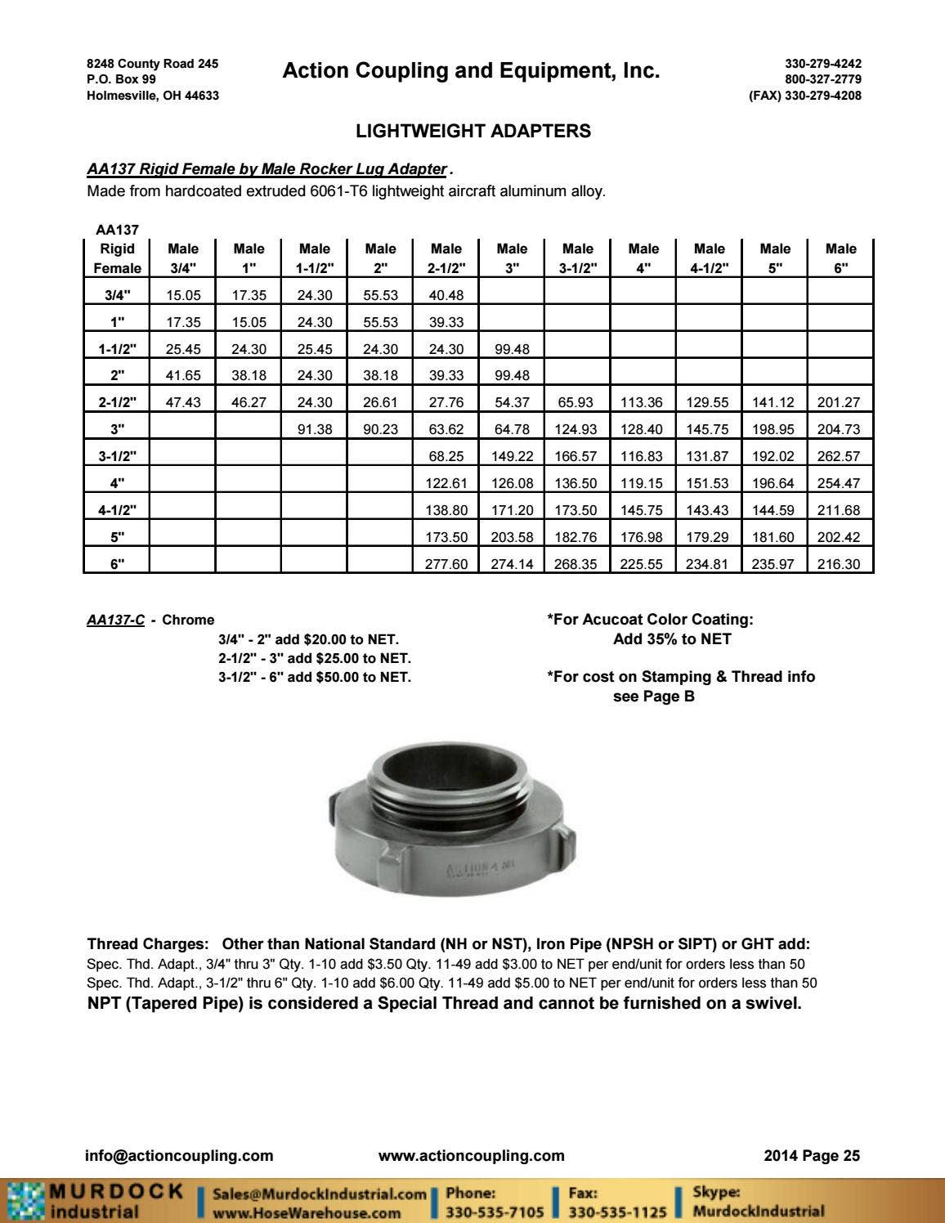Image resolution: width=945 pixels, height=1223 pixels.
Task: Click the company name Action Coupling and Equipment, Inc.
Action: [471, 71]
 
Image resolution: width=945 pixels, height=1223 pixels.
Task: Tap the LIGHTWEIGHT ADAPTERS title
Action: [473, 131]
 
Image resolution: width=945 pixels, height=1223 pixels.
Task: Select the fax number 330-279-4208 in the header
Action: [805, 95]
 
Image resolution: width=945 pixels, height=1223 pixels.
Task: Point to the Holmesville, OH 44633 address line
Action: [153, 95]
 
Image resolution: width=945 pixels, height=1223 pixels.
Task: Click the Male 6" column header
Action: [840, 258]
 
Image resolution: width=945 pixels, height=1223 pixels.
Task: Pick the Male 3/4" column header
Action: [182, 258]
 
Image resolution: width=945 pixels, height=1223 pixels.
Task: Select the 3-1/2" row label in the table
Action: [117, 455]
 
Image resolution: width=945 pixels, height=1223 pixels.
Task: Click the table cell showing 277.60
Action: [446, 563]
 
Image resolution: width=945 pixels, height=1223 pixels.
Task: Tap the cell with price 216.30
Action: [839, 563]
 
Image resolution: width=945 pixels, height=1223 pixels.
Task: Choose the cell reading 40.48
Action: [446, 295]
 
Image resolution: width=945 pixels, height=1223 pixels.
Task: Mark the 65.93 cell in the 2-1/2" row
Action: [577, 402]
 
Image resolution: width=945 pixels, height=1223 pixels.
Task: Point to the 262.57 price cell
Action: [839, 456]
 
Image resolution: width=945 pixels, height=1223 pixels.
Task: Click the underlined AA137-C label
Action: [115, 620]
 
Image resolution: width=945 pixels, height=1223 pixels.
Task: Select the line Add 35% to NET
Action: [672, 638]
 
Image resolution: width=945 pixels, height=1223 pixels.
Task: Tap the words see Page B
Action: [653, 697]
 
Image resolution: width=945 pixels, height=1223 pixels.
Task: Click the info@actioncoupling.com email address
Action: [179, 1155]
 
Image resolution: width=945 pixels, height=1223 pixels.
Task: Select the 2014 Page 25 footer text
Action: [811, 1155]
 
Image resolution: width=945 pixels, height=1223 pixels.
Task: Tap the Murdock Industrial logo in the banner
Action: [95, 1201]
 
